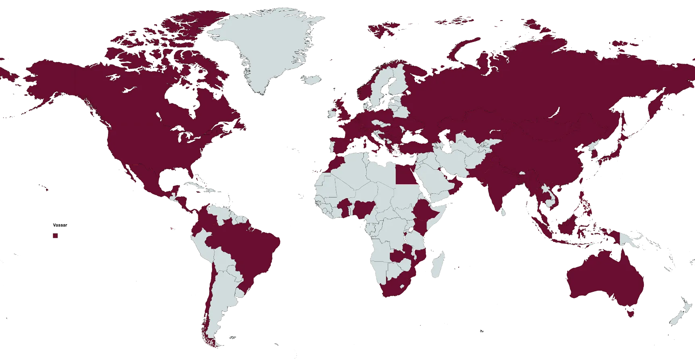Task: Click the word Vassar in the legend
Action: coord(60,225)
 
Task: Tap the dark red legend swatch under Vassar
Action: coord(55,235)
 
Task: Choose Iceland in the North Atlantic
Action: coord(312,79)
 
